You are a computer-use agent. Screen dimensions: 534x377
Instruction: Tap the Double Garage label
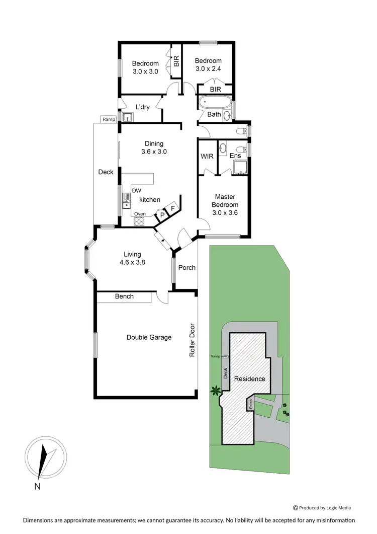coord(149,337)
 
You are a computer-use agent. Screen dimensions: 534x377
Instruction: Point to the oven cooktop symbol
coord(139,220)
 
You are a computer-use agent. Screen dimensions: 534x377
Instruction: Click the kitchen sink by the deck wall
coord(125,204)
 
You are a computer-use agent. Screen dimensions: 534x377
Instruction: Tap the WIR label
coord(207,157)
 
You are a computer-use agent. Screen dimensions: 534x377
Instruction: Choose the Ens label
coord(235,157)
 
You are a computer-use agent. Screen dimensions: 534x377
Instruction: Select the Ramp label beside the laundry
coord(109,119)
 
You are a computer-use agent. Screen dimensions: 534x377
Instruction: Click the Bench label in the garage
coord(124,296)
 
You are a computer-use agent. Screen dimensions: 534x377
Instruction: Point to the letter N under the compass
coord(37,486)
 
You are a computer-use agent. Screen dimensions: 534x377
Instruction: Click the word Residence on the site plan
coord(250,379)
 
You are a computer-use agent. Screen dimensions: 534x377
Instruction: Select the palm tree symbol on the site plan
coord(216,390)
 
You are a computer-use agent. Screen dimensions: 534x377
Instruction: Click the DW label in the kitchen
coord(137,190)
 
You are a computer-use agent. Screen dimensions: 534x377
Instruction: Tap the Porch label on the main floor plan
coord(187,267)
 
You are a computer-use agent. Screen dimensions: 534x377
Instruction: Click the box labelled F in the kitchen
coord(173,208)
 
